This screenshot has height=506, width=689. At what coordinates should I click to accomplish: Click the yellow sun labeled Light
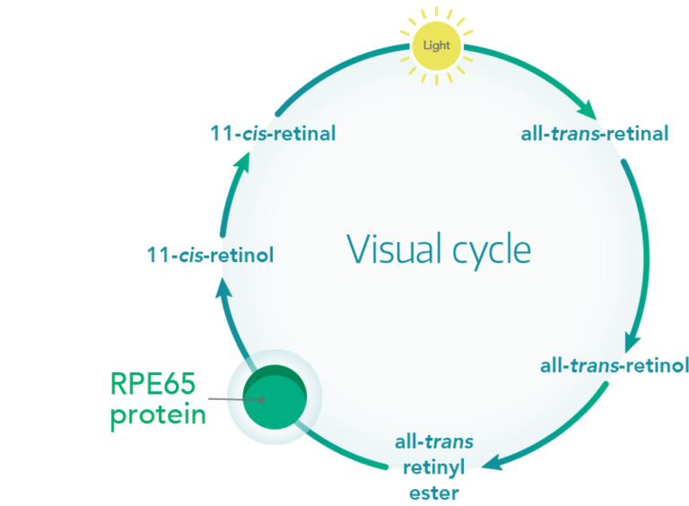point(436,43)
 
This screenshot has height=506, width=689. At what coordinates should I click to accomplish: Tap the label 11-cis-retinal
point(273,134)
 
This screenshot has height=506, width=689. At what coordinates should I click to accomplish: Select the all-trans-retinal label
point(594,135)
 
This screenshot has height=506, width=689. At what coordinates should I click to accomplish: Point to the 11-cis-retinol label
point(210,256)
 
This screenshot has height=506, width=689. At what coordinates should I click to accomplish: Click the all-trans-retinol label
point(614,366)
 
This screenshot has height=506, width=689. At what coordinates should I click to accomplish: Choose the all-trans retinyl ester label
point(433,467)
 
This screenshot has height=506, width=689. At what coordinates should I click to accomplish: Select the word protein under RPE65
point(158,415)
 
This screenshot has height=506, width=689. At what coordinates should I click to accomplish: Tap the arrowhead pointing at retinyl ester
point(491,463)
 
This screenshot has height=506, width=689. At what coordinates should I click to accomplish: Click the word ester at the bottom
point(433,492)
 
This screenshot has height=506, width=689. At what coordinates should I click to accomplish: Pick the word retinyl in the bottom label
point(434,467)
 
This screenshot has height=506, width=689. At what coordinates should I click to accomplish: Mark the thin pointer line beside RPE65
point(230,398)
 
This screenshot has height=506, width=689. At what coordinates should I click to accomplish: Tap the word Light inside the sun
point(436,44)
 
